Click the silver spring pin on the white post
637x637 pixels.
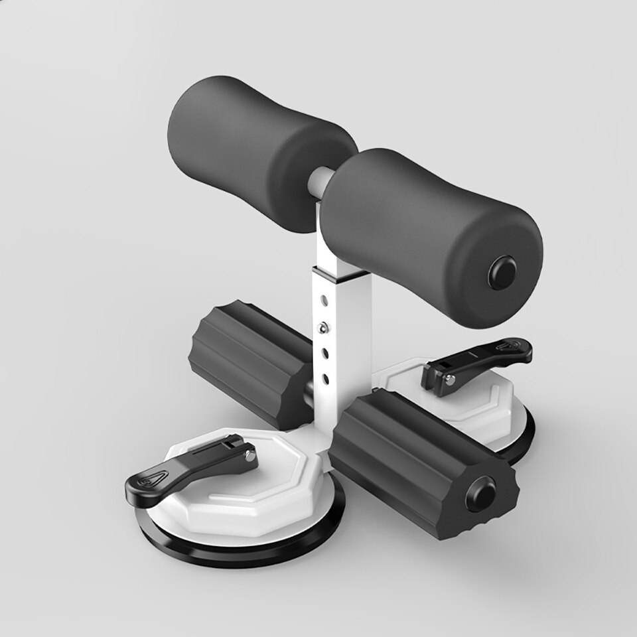[323, 326]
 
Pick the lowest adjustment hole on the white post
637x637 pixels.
[326, 378]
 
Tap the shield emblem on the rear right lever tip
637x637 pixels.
[510, 347]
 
